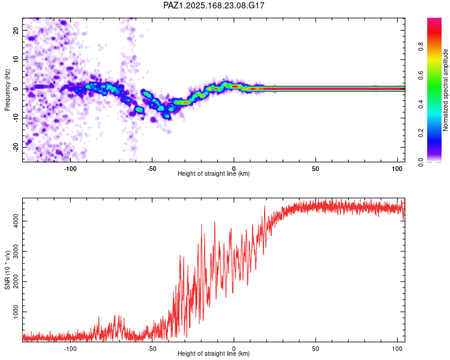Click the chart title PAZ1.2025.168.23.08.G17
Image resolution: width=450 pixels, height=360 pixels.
pyautogui.click(x=214, y=5)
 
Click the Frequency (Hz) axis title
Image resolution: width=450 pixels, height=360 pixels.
pyautogui.click(x=7, y=90)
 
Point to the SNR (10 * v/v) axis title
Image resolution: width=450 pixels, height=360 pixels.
pyautogui.click(x=7, y=270)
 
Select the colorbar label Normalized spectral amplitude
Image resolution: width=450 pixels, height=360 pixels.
pyautogui.click(x=445, y=90)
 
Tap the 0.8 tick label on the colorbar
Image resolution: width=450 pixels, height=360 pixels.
pyautogui.click(x=421, y=46)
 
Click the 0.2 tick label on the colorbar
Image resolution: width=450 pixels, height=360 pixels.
pyautogui.click(x=421, y=133)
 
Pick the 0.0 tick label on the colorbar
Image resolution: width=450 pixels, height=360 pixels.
pyautogui.click(x=421, y=162)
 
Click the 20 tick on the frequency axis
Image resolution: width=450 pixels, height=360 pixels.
pyautogui.click(x=16, y=31)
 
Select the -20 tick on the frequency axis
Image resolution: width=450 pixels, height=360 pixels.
pyautogui.click(x=16, y=147)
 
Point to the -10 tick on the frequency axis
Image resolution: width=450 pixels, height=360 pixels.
pyautogui.click(x=16, y=118)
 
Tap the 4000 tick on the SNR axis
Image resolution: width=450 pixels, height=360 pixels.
pyautogui.click(x=16, y=221)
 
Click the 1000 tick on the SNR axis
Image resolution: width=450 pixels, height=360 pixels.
pyautogui.click(x=16, y=312)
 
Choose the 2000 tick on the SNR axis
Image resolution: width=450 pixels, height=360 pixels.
pyautogui.click(x=16, y=281)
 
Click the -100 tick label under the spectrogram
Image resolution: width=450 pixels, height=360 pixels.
pyautogui.click(x=70, y=169)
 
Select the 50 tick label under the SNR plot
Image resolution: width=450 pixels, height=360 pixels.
pyautogui.click(x=316, y=349)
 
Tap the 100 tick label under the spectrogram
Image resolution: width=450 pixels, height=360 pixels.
pyautogui.click(x=397, y=169)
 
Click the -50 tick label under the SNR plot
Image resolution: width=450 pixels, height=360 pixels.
pyautogui.click(x=152, y=349)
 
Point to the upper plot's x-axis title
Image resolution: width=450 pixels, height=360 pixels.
pyautogui.click(x=214, y=173)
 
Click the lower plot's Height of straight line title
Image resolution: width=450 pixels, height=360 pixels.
pyautogui.click(x=214, y=353)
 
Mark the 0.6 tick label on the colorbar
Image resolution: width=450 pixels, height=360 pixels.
pyautogui.click(x=421, y=75)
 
